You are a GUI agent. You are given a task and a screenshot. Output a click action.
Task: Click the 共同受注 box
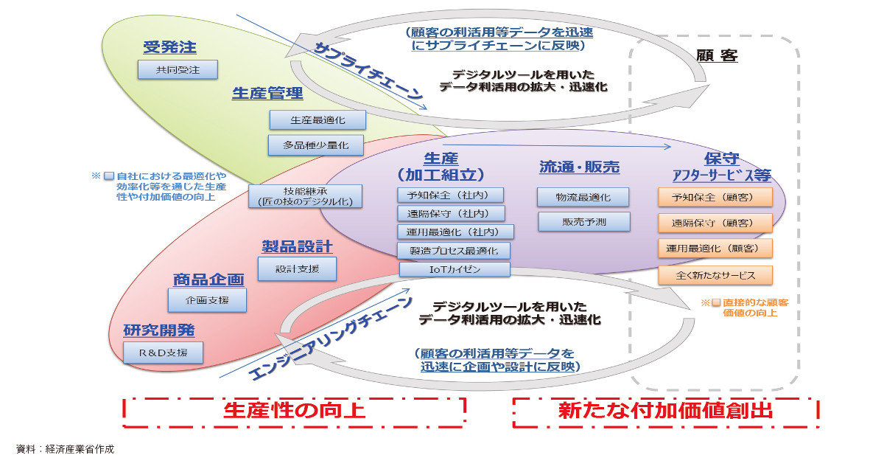[178, 70]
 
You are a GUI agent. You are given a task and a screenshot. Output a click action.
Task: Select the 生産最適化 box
[318, 119]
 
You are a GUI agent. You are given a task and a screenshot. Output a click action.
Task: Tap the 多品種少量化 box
[318, 145]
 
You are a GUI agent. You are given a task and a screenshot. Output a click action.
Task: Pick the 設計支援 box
[297, 269]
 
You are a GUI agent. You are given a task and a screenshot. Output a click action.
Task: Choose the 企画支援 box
[207, 299]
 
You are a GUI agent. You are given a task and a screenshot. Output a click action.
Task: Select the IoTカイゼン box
[454, 269]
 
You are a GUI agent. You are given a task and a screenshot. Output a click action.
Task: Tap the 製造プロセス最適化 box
[454, 251]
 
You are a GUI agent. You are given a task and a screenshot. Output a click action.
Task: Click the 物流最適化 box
[583, 197]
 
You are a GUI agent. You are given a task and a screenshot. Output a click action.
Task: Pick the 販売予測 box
[583, 221]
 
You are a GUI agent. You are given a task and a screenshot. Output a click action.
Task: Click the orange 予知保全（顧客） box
[715, 197]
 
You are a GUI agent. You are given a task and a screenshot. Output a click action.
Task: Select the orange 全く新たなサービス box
[715, 275]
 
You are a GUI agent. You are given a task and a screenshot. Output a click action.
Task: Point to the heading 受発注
[169, 48]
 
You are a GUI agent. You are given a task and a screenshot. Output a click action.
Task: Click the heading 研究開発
[159, 330]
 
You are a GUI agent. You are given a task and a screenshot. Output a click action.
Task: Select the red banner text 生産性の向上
[294, 411]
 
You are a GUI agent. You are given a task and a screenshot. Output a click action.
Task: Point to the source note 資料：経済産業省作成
[66, 448]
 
